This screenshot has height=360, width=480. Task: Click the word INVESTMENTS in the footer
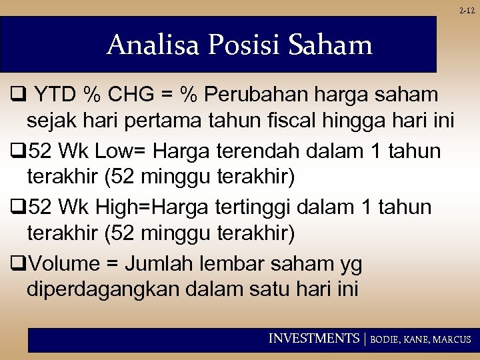(x=313, y=339)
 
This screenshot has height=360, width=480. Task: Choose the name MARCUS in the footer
(x=452, y=339)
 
